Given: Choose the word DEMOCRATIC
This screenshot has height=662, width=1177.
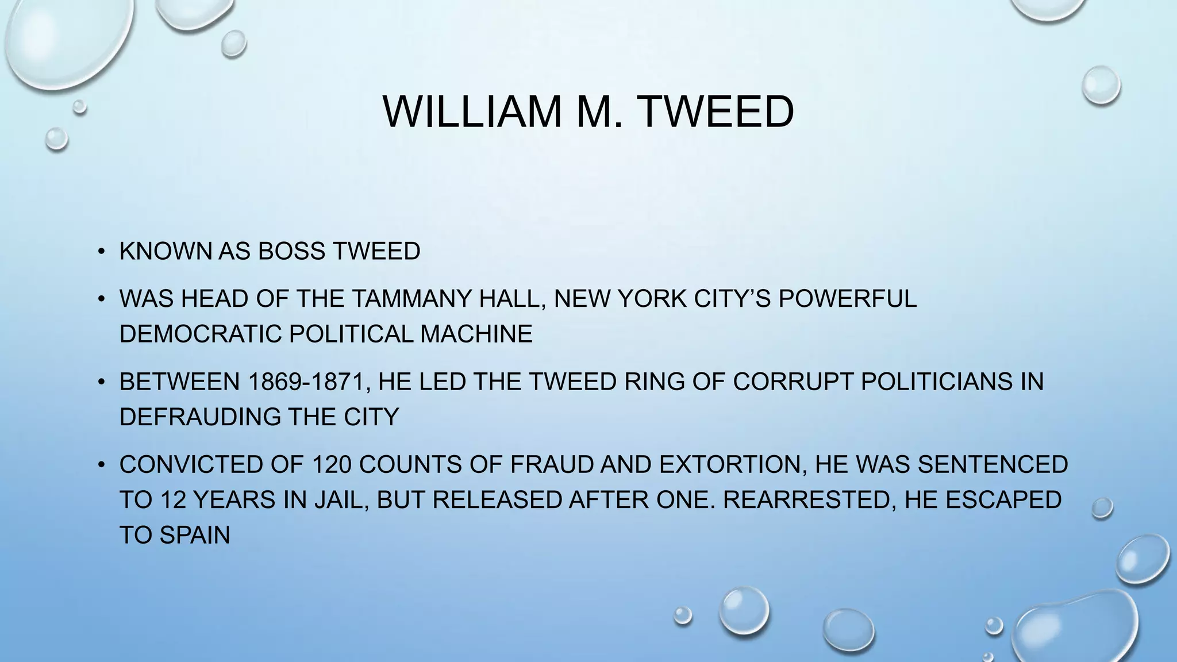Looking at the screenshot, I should [x=201, y=334].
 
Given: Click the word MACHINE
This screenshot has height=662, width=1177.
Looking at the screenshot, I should [x=476, y=334].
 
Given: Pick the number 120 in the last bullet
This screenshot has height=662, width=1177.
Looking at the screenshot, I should [x=332, y=464].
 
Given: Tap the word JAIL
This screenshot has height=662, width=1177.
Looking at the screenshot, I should [x=341, y=500].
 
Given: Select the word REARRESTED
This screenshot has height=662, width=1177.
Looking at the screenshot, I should [x=810, y=500].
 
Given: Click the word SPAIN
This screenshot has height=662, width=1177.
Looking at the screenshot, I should [x=195, y=535].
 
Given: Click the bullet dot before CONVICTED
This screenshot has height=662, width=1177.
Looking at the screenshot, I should [x=101, y=464].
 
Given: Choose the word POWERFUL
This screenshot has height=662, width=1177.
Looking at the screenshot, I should [x=847, y=299].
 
